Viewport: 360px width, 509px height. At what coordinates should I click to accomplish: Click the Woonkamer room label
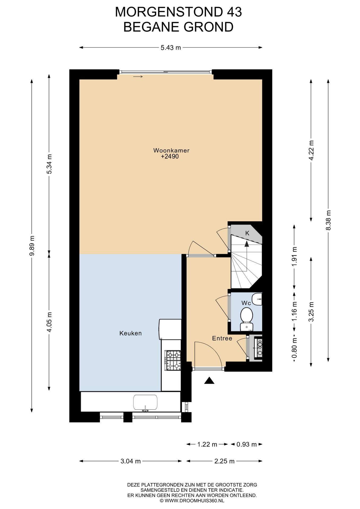(x=171, y=150)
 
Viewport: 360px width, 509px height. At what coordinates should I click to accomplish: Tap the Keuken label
(x=130, y=333)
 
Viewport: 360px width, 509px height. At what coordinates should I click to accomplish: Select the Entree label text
(x=222, y=338)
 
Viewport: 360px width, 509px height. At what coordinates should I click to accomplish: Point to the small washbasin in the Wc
(x=257, y=299)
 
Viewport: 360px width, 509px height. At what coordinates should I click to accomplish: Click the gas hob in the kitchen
(x=173, y=361)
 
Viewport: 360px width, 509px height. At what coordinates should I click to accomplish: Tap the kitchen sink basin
(x=145, y=402)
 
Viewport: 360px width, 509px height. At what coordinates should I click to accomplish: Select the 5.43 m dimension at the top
(x=171, y=48)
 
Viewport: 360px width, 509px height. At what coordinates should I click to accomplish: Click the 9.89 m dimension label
(x=32, y=245)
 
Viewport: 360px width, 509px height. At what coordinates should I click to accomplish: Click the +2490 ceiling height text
(x=170, y=156)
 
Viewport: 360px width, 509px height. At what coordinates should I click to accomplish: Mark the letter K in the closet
(x=247, y=233)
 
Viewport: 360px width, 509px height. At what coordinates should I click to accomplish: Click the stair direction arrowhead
(x=247, y=244)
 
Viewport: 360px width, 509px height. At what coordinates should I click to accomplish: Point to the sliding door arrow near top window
(x=138, y=77)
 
